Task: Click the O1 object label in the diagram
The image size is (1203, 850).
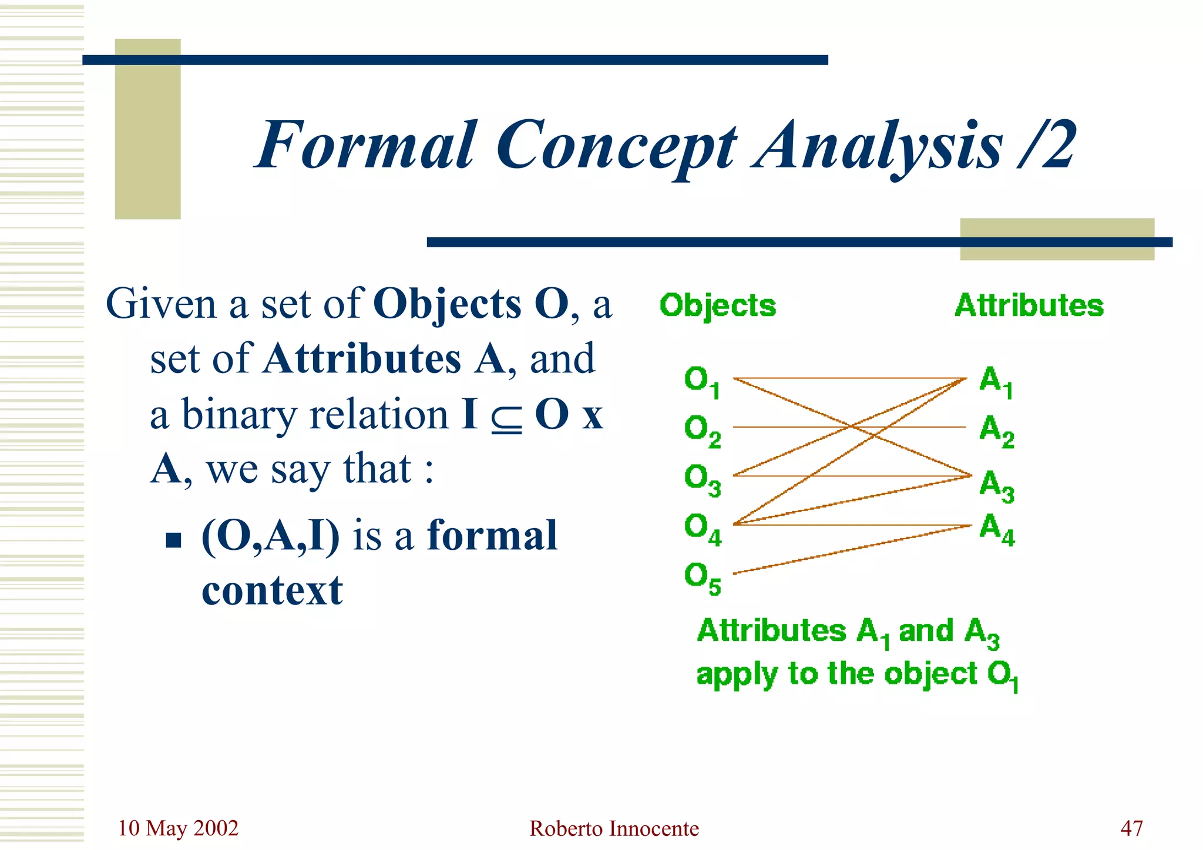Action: [701, 381]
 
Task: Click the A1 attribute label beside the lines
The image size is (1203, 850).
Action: [996, 381]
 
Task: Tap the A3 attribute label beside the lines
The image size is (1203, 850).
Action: [996, 485]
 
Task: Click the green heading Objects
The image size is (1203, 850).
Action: [717, 306]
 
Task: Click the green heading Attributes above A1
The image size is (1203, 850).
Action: [1029, 305]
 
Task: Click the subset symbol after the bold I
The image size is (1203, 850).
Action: [507, 415]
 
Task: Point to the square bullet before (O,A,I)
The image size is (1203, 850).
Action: [173, 539]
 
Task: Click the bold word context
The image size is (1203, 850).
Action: [272, 590]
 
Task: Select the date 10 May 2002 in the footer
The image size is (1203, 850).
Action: [178, 828]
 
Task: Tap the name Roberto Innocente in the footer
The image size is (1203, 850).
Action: [614, 828]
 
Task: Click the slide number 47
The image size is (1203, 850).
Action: [1131, 828]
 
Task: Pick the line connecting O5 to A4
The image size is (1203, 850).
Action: [852, 549]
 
